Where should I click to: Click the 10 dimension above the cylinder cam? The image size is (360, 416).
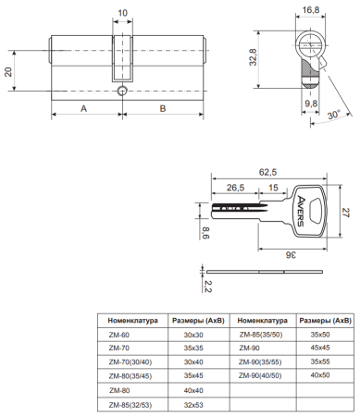pyautogui.click(x=122, y=13)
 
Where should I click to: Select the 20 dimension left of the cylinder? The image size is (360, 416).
pyautogui.click(x=8, y=72)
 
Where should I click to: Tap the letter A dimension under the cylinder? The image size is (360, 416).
pyautogui.click(x=84, y=108)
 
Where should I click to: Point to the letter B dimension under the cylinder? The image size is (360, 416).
pyautogui.click(x=163, y=108)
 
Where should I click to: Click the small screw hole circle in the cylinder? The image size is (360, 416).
pyautogui.click(x=122, y=91)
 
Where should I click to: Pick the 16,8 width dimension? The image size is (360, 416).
pyautogui.click(x=311, y=10)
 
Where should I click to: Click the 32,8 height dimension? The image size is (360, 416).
pyautogui.click(x=254, y=56)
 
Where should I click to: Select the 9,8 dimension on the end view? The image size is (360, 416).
pyautogui.click(x=311, y=104)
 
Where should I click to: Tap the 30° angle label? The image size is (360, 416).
pyautogui.click(x=334, y=115)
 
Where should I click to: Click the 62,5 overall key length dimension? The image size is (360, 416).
pyautogui.click(x=267, y=172)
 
